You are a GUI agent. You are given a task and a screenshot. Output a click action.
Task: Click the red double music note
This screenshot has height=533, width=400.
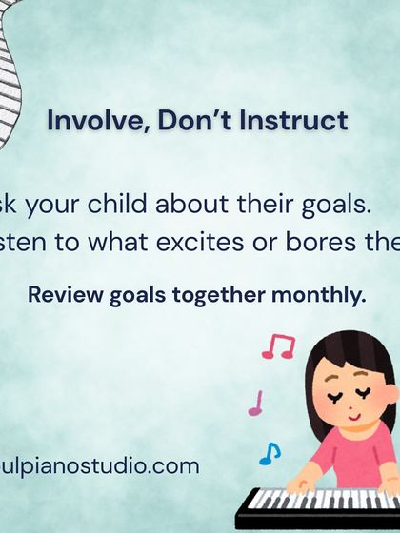click(x=278, y=345)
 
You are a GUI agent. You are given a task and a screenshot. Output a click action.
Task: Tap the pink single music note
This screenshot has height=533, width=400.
click(x=256, y=404)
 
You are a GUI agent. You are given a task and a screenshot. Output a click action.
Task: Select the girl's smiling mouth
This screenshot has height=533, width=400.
click(x=352, y=416)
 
